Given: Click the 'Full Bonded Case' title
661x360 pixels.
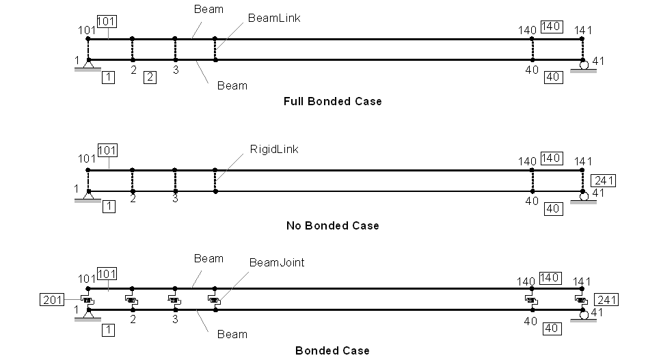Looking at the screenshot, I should [332, 101].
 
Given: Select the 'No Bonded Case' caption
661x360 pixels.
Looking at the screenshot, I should [332, 225].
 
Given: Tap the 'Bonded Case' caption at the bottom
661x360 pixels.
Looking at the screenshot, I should [332, 350].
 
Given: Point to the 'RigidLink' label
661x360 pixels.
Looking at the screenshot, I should [275, 149].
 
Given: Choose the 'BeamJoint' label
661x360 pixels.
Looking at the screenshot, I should [276, 262].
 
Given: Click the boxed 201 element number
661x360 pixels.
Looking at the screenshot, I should [52, 300].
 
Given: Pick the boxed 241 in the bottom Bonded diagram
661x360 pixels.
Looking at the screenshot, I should [606, 300].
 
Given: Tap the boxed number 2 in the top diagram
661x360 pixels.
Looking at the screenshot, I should [150, 77].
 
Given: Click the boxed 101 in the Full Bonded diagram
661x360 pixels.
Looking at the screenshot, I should [107, 21].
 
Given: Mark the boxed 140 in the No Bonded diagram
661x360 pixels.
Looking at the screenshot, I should [551, 158].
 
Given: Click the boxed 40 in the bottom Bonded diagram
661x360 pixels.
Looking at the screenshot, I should [553, 329].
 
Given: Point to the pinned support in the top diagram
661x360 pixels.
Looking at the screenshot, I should [88, 64].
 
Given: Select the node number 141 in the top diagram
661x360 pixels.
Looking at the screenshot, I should [583, 29].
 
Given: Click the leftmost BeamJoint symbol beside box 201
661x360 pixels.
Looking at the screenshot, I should [87, 299].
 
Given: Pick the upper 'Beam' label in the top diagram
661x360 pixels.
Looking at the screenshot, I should [208, 10].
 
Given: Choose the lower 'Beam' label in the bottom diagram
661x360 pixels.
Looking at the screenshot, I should [232, 334].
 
